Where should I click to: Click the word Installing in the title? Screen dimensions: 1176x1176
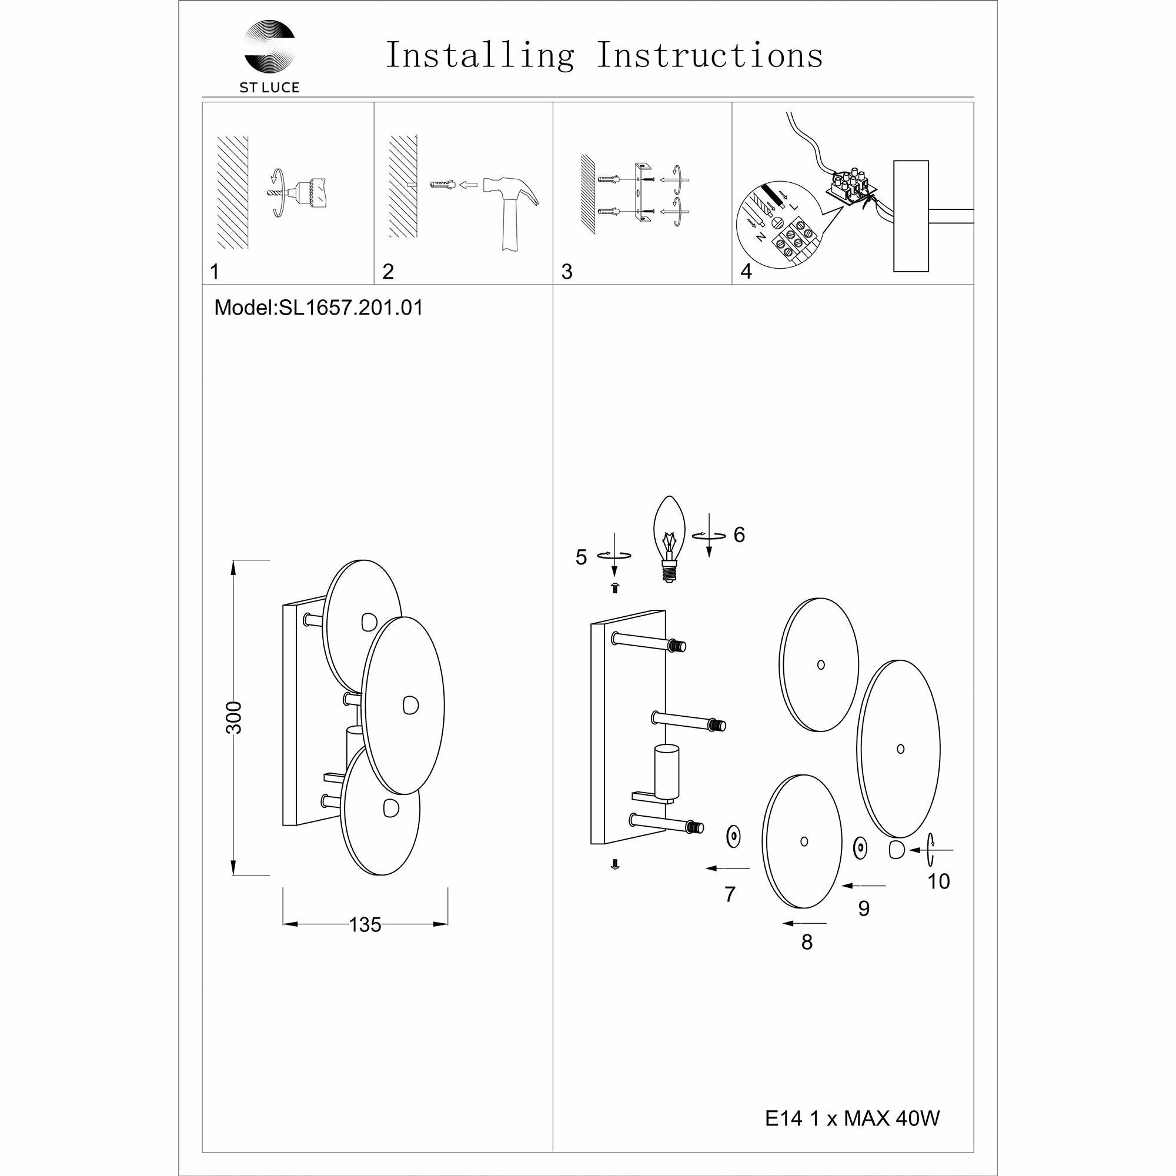[x=480, y=56]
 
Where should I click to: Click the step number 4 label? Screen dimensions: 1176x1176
[x=746, y=272]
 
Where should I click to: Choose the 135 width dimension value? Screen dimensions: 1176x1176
[x=365, y=924]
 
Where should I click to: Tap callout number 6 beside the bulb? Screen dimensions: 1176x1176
[x=739, y=534]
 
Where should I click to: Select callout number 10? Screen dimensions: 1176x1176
[x=938, y=881]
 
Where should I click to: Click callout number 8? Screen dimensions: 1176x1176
[x=807, y=941]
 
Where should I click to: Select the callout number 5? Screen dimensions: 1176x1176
[x=582, y=557]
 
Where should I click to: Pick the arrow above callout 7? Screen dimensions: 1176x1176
[x=728, y=868]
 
